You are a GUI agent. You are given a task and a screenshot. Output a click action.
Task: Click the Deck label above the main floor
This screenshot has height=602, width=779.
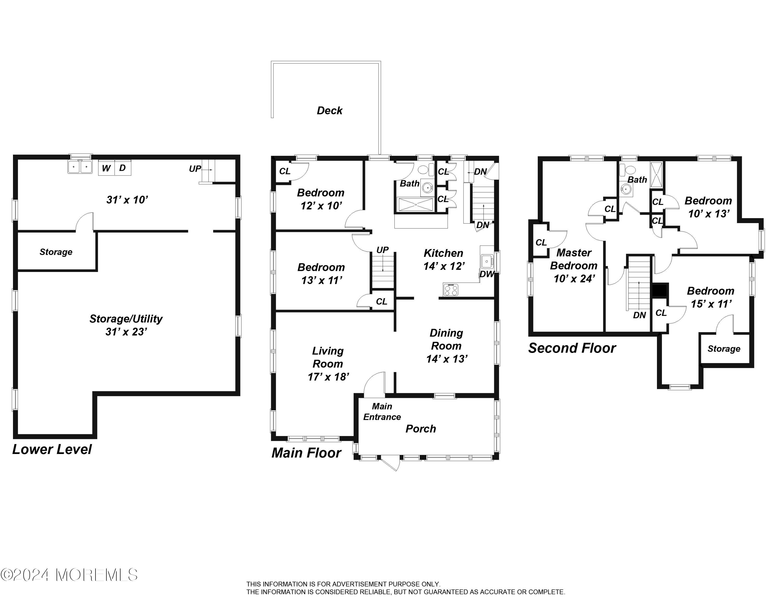329,111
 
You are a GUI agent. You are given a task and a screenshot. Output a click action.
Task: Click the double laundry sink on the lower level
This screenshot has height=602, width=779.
80,166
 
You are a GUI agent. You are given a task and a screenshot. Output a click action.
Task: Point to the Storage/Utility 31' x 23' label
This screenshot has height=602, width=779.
126,325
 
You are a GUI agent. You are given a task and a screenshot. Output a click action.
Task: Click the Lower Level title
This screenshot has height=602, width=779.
52,449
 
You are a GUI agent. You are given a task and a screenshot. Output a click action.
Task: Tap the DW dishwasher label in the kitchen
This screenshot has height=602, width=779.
487,274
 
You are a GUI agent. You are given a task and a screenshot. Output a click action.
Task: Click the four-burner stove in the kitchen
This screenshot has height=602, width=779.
451,289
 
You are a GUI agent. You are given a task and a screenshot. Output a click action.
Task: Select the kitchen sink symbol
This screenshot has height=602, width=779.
487,262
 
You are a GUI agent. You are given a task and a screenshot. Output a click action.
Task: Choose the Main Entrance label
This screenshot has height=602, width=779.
382,412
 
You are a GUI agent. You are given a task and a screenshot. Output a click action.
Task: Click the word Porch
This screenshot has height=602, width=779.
421,429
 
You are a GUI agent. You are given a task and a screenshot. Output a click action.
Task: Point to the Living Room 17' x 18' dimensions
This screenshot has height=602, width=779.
328,377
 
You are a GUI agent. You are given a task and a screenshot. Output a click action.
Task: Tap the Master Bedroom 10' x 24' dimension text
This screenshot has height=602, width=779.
574,278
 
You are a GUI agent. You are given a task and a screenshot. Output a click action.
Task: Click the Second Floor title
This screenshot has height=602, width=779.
572,348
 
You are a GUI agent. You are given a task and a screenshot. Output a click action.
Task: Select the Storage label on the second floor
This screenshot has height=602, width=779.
724,349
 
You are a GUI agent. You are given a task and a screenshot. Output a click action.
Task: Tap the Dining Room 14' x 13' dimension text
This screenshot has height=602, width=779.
447,359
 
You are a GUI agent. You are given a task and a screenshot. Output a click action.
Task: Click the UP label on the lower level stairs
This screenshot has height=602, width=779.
195,169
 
